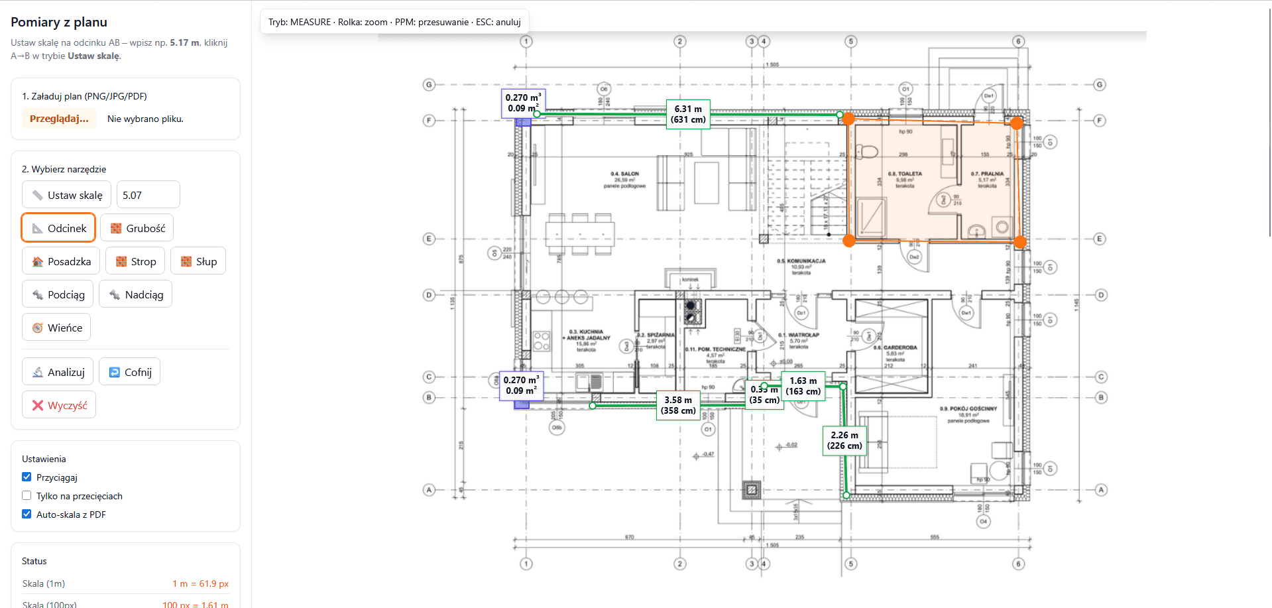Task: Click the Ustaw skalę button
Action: pyautogui.click(x=66, y=195)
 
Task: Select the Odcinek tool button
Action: pyautogui.click(x=59, y=228)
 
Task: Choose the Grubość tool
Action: pyautogui.click(x=137, y=228)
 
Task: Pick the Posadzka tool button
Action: pyautogui.click(x=61, y=261)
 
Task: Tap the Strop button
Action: pyautogui.click(x=135, y=261)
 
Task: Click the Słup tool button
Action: pyautogui.click(x=198, y=261)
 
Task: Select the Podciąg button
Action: pyautogui.click(x=58, y=294)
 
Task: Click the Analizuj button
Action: pyautogui.click(x=58, y=372)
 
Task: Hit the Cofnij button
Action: pyautogui.click(x=130, y=372)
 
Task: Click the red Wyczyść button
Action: pyautogui.click(x=59, y=405)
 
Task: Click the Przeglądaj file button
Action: pyautogui.click(x=59, y=119)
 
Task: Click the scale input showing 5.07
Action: pyautogui.click(x=148, y=195)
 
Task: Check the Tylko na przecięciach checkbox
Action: pyautogui.click(x=27, y=495)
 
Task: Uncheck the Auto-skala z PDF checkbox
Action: pyautogui.click(x=27, y=514)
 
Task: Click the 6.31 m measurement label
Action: pyautogui.click(x=688, y=114)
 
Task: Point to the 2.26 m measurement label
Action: pyautogui.click(x=844, y=440)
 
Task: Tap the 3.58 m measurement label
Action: pyautogui.click(x=678, y=405)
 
